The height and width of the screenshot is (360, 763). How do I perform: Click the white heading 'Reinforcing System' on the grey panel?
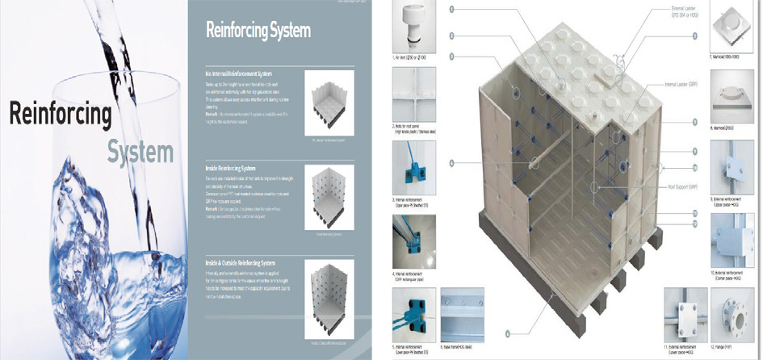pos(258,31)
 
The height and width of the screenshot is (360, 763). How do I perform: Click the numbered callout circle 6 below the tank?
pos(507,333)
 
